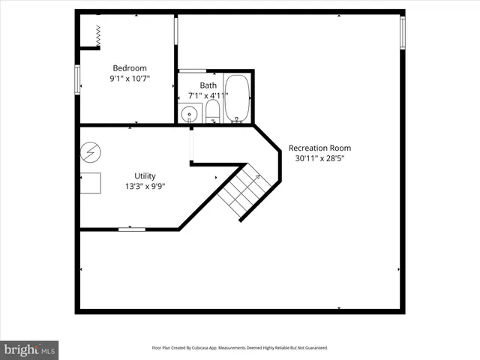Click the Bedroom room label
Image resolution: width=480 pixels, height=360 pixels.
130,67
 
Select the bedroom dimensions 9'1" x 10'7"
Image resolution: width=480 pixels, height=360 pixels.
130,78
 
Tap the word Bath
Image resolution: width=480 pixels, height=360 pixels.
208,85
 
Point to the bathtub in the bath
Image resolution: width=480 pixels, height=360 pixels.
238,97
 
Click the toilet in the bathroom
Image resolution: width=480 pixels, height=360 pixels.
212,112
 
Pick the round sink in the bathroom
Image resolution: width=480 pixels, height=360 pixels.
190,114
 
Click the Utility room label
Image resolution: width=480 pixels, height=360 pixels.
145,175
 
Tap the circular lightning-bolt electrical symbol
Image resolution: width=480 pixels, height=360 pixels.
89,151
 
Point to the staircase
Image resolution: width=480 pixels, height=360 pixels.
240,192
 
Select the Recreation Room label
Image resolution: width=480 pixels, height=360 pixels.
319,148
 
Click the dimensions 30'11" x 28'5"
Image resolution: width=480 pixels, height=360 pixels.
319,158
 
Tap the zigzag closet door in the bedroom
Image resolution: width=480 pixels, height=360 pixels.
98,32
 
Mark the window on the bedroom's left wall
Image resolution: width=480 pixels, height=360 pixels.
77,80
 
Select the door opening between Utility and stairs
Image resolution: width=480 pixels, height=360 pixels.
192,145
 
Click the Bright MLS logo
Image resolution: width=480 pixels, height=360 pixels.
29,349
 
